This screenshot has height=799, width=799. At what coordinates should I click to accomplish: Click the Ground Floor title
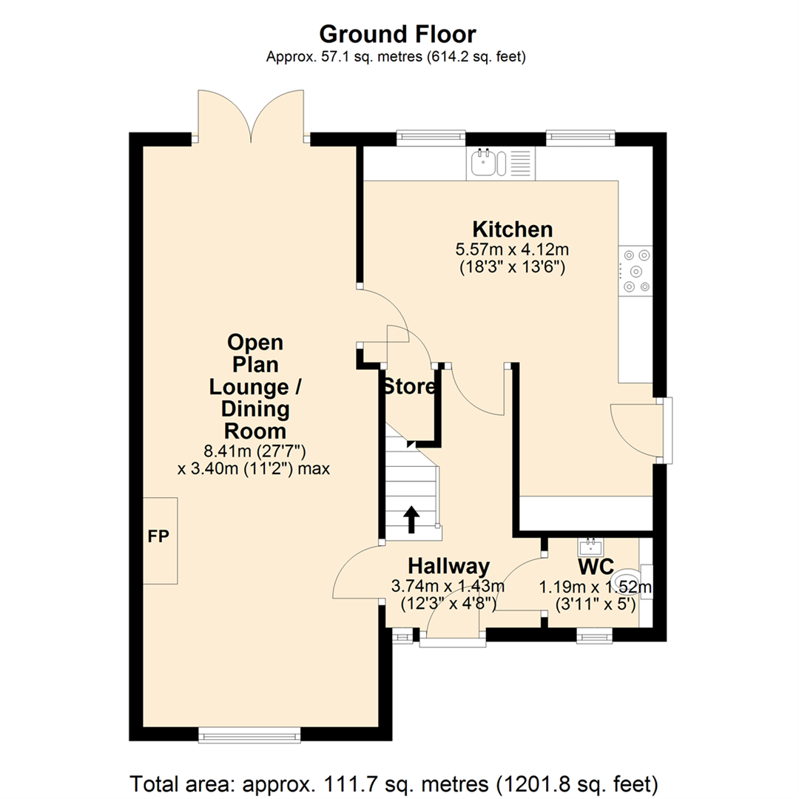tap(398, 33)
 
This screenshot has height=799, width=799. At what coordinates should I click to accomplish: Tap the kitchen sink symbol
tap(486, 162)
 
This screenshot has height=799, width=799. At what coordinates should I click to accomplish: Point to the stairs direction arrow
tap(411, 519)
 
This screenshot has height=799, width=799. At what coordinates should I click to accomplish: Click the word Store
tap(408, 386)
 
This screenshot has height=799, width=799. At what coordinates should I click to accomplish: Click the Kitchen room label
tap(513, 229)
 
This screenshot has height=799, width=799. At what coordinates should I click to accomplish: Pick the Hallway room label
tap(448, 567)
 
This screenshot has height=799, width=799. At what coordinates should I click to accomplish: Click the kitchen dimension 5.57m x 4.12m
tap(513, 249)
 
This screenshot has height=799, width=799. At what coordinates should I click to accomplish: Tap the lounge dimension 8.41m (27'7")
tap(255, 451)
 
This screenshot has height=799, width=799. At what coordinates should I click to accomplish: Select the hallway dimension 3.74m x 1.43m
tap(448, 586)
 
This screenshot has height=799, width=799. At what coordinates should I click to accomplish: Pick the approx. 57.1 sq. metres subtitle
tap(398, 57)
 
